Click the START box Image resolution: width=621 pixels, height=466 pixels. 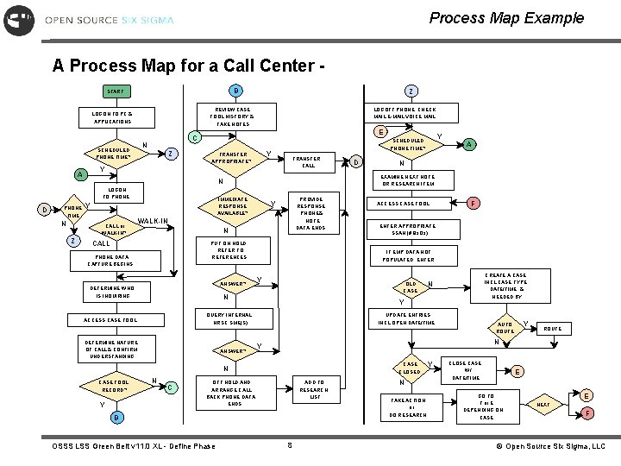point(116,91)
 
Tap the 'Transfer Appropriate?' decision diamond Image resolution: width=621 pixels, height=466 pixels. point(229,156)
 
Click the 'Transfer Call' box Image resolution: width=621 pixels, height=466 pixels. point(307,161)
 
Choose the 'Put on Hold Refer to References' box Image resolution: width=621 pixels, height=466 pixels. point(229,251)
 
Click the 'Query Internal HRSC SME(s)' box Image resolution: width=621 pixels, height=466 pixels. point(229,319)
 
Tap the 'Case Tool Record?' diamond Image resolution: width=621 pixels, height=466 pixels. point(114,386)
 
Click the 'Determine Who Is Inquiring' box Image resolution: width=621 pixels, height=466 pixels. point(113,292)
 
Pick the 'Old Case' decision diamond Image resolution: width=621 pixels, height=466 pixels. point(411,287)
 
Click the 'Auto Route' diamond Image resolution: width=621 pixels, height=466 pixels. point(505,328)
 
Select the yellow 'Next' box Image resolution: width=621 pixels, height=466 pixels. point(543,404)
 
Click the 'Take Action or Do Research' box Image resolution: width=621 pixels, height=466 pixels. point(402,407)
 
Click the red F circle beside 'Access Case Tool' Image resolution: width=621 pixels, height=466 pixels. point(474,203)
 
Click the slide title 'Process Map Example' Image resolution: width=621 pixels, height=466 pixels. point(506,17)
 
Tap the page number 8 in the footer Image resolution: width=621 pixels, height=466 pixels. point(290,445)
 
